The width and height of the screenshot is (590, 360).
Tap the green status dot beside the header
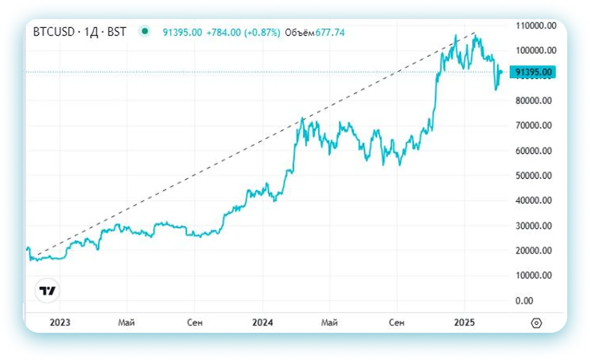tap(144, 32)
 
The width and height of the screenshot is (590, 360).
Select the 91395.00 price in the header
tap(182, 32)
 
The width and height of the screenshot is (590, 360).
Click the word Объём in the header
tap(299, 32)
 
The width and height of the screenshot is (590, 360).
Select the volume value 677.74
tap(330, 32)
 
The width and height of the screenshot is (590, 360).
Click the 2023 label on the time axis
tap(60, 323)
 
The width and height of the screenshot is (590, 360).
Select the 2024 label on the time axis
tap(263, 323)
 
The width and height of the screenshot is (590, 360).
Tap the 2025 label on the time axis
tap(464, 323)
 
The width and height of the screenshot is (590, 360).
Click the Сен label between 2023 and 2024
tap(195, 323)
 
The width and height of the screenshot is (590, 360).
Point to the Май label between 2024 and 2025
tap(330, 323)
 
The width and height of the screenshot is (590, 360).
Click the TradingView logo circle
tap(47, 291)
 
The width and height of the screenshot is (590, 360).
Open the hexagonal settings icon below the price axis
tap(537, 323)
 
